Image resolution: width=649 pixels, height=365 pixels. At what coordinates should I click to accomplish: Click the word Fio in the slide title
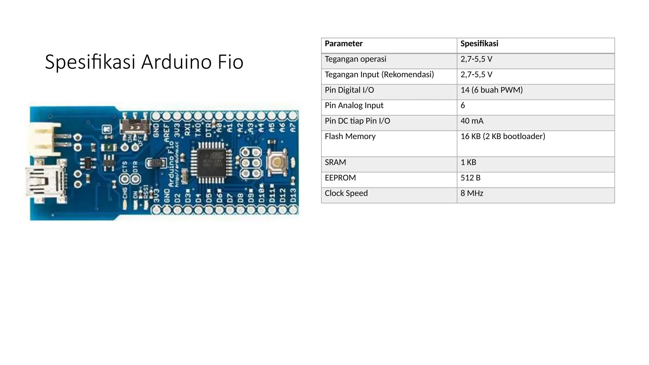pyautogui.click(x=230, y=62)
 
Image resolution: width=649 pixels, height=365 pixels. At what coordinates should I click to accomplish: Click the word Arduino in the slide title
pyautogui.click(x=176, y=62)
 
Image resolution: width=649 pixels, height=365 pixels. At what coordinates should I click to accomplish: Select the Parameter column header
pyautogui.click(x=344, y=44)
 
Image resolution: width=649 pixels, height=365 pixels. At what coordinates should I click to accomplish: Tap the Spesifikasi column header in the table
pyautogui.click(x=479, y=44)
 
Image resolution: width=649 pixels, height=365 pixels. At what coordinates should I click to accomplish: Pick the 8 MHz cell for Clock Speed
pyautogui.click(x=472, y=193)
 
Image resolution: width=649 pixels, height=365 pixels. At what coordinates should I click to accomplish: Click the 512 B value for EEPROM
pyautogui.click(x=470, y=178)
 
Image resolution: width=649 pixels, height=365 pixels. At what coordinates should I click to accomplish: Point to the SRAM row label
pyautogui.click(x=335, y=162)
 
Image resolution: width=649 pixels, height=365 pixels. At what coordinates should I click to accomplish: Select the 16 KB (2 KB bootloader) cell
pyautogui.click(x=503, y=136)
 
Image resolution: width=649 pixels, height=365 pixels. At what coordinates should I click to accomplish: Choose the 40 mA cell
pyautogui.click(x=472, y=121)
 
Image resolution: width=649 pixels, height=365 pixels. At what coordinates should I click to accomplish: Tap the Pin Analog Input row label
pyautogui.click(x=354, y=105)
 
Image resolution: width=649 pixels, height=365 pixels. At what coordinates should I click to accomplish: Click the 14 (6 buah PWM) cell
pyautogui.click(x=492, y=90)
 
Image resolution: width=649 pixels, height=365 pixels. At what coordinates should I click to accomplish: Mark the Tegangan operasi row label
pyautogui.click(x=355, y=59)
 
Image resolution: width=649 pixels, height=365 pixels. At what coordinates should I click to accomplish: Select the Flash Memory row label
pyautogui.click(x=350, y=136)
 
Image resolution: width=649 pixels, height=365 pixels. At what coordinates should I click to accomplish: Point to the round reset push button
pyautogui.click(x=277, y=163)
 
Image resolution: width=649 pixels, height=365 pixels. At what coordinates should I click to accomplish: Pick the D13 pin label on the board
pyautogui.click(x=293, y=196)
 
